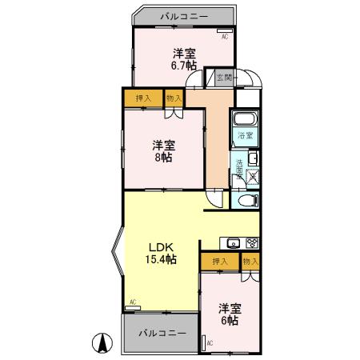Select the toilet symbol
tap(246, 200)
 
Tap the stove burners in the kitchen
tap(251, 242)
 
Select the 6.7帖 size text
tap(184, 66)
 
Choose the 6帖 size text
tap(230, 320)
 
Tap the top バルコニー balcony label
tap(183, 15)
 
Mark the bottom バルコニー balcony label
tap(162, 333)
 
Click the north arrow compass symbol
tap(103, 342)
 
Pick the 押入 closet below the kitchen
tap(220, 262)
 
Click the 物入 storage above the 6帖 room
tap(250, 262)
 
